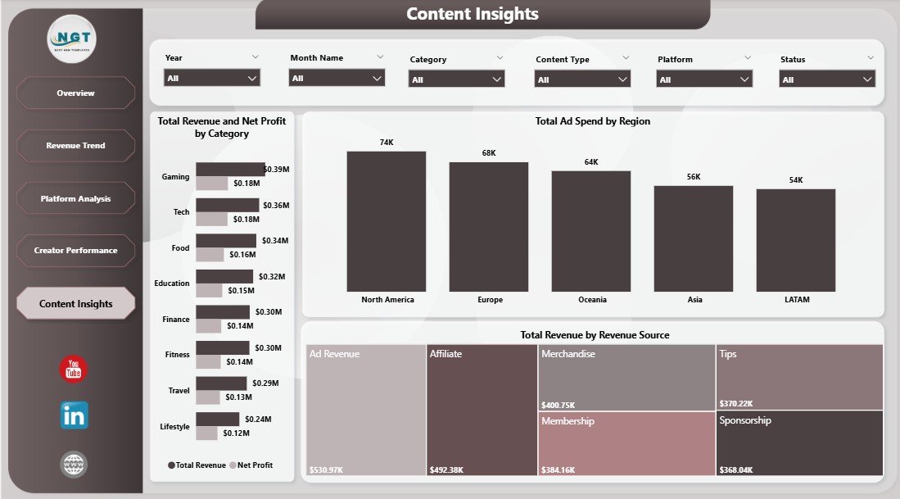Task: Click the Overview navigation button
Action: click(x=75, y=93)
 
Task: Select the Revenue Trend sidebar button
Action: click(x=75, y=145)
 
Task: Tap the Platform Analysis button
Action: click(x=75, y=198)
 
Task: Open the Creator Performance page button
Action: click(x=75, y=250)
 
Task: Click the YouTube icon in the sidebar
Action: click(x=74, y=369)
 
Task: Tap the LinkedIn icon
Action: click(x=74, y=415)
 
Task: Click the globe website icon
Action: click(x=74, y=465)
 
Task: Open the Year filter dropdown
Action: click(x=212, y=78)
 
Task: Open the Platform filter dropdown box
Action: click(x=704, y=79)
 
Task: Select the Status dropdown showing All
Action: click(x=827, y=79)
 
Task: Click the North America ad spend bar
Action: click(x=386, y=221)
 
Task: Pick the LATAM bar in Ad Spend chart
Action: click(x=795, y=240)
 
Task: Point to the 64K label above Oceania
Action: click(x=591, y=162)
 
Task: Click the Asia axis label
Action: click(x=694, y=300)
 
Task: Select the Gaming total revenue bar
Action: click(x=230, y=170)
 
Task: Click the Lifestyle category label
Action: click(x=174, y=427)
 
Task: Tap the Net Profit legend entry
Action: click(x=251, y=465)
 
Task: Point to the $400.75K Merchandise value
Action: click(x=559, y=405)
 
